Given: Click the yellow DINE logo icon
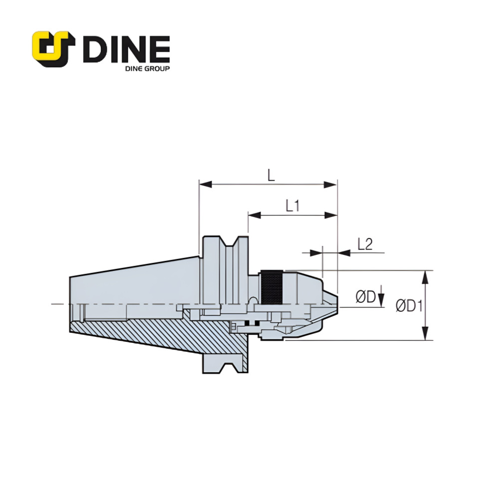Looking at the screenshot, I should point(53,49).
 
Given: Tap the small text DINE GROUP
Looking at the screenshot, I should point(147,68).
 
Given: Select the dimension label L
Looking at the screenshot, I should point(270,175).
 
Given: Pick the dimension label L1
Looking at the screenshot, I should point(292,206).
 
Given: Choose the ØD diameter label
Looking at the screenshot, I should point(365,297).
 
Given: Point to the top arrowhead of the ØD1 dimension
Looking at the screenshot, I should point(425,276).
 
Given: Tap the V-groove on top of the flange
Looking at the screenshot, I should point(231,244).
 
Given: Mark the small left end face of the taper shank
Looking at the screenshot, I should point(70,304).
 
